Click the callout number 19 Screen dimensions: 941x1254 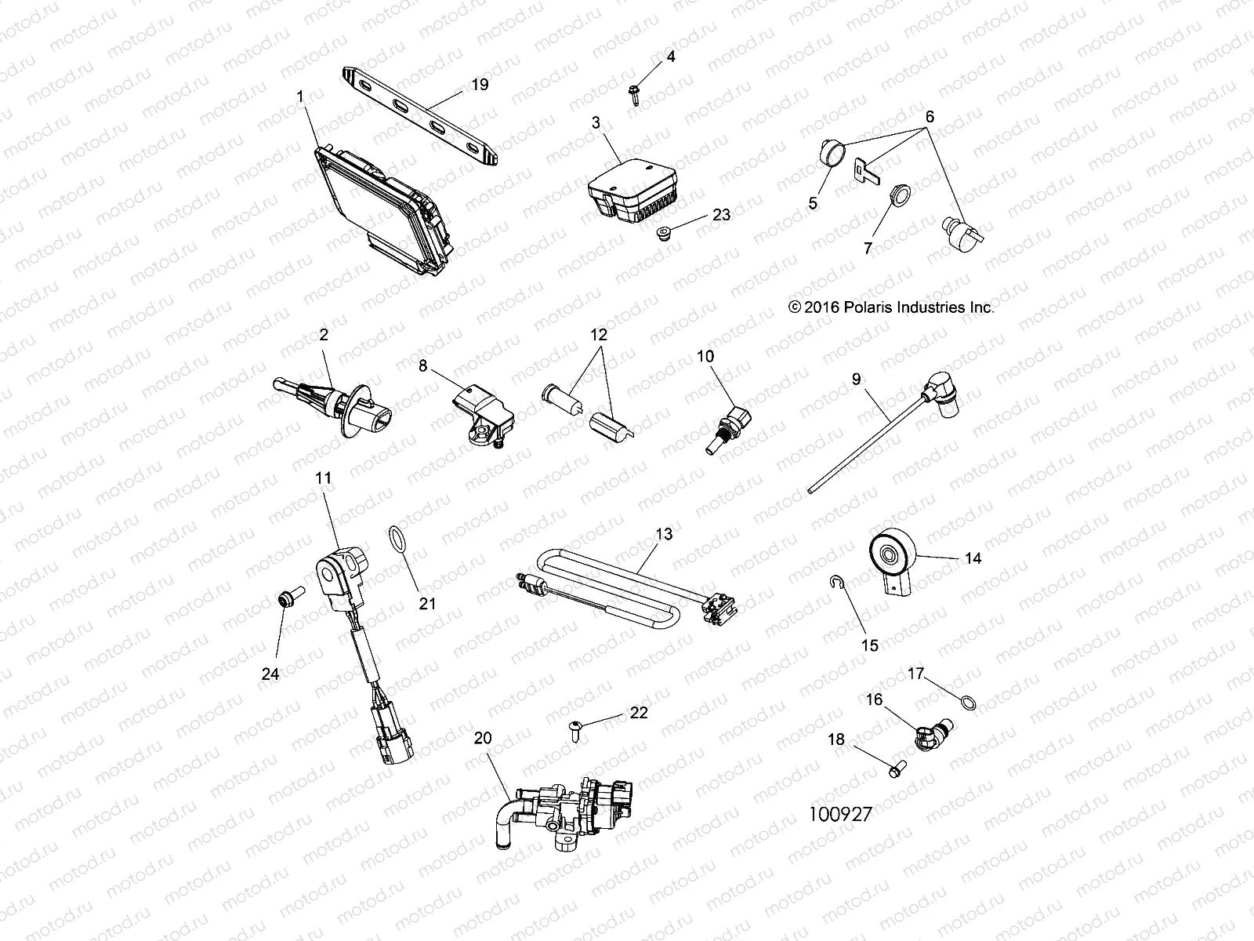coord(480,84)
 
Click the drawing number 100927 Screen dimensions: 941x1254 coord(840,814)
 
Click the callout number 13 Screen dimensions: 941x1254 coord(663,535)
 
